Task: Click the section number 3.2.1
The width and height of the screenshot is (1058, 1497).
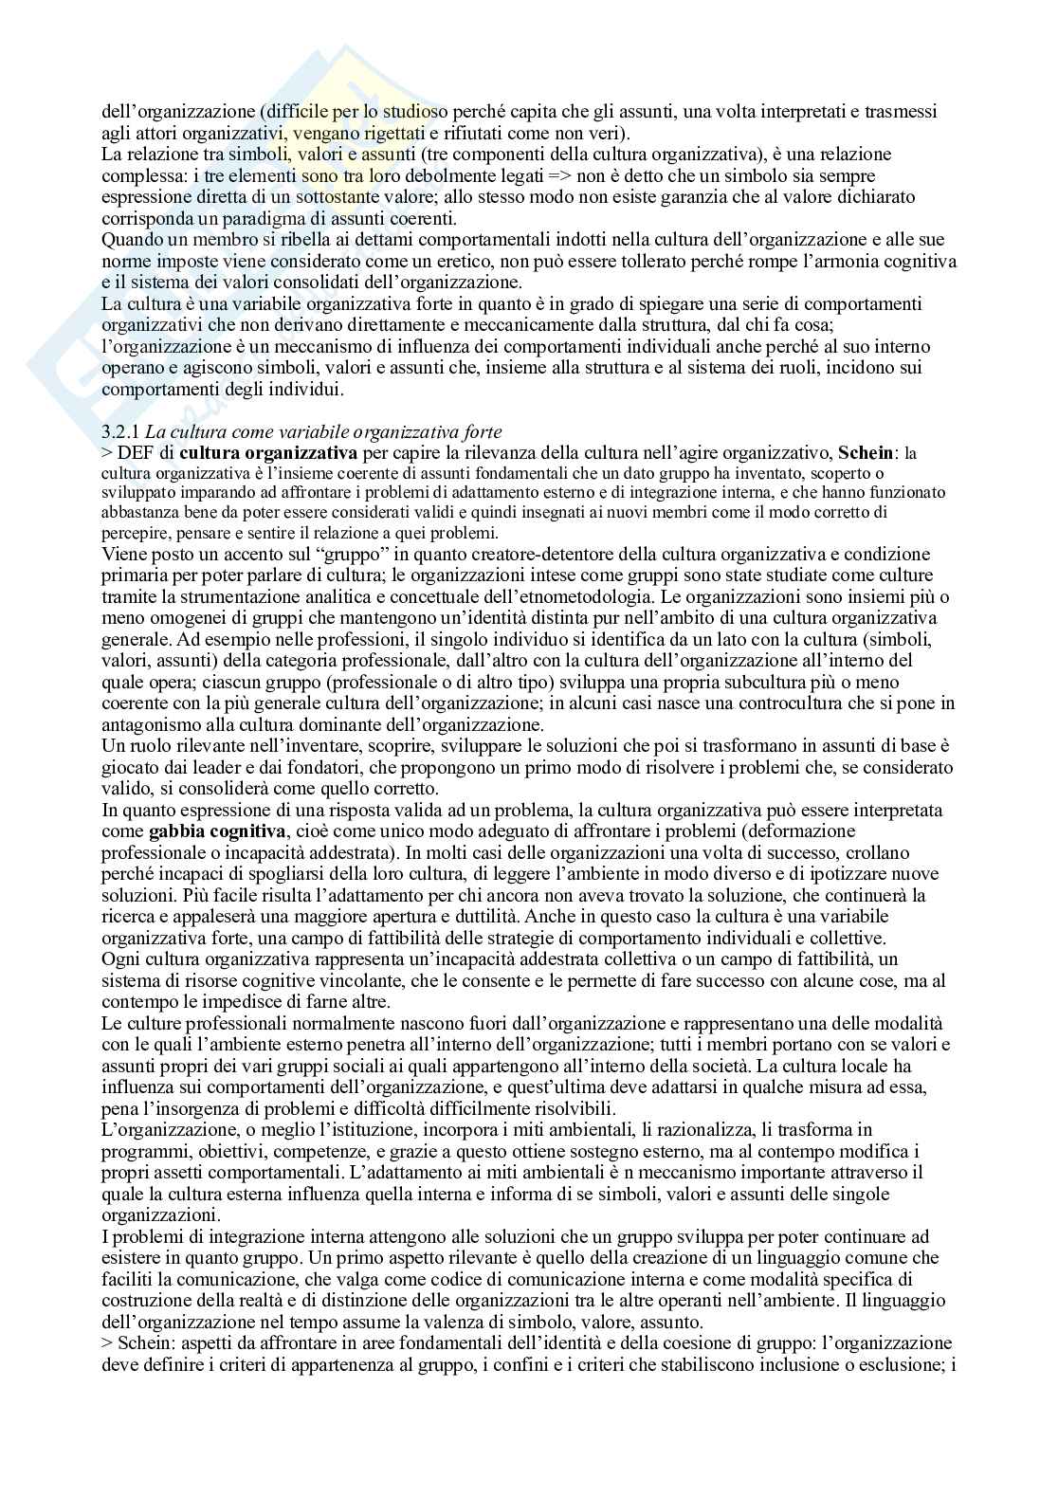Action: [119, 433]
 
